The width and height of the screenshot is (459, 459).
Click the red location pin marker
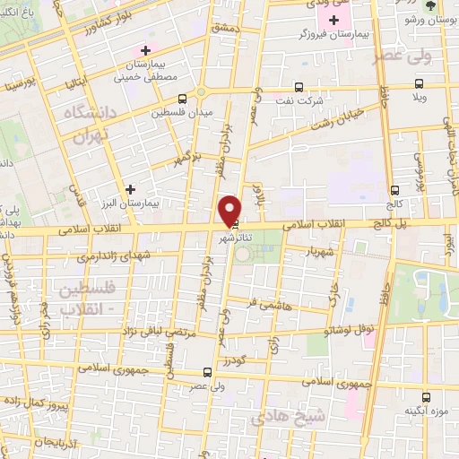[230, 211]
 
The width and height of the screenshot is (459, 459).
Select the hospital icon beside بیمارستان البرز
[132, 189]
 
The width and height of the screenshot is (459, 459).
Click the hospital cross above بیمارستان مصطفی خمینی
[145, 50]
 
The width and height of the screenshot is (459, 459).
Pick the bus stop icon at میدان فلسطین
[183, 99]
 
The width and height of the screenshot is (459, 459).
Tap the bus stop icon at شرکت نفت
[299, 88]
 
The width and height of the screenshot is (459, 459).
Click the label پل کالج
[385, 219]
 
